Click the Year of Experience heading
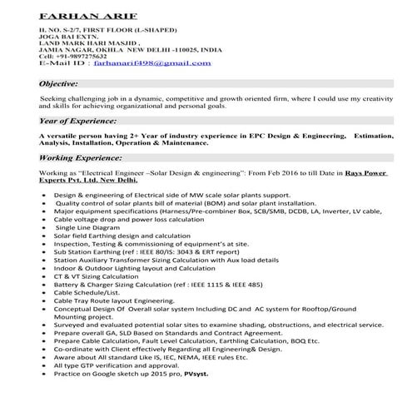(77, 120)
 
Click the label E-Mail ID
(60, 62)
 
